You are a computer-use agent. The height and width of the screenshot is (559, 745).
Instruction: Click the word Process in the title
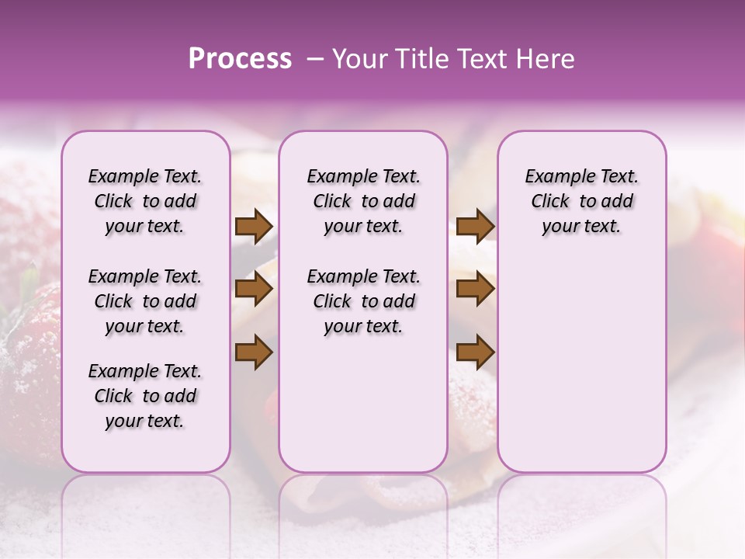(x=240, y=59)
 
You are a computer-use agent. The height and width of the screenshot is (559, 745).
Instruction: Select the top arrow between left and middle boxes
(x=254, y=227)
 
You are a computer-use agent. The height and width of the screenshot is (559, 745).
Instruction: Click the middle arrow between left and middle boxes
(x=254, y=290)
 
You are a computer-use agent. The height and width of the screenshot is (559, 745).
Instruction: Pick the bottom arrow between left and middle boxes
(x=254, y=352)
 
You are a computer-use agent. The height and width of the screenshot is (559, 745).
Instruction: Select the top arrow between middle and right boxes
(x=475, y=227)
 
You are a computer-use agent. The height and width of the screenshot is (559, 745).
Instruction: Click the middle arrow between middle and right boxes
(x=475, y=290)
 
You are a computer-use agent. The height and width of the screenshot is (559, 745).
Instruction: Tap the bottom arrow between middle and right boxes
(x=475, y=352)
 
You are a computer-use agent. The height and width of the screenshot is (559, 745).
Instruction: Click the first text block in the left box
(x=145, y=201)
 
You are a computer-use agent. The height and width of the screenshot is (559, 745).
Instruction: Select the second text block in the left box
(x=145, y=301)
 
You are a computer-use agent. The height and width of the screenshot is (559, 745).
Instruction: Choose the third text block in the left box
(x=145, y=396)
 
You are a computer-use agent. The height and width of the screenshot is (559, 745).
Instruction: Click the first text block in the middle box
(x=363, y=201)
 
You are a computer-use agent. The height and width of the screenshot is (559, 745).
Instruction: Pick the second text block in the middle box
(x=363, y=301)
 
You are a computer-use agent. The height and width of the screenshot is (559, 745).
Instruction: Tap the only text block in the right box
(x=581, y=201)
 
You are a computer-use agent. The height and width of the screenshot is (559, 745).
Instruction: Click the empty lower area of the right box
(x=581, y=373)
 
